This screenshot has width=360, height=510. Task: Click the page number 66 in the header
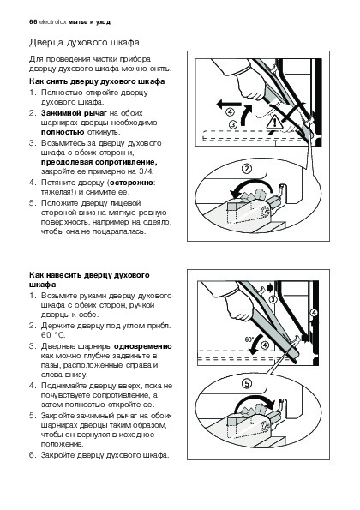pos(33,22)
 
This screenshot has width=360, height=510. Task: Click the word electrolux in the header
pos(52,22)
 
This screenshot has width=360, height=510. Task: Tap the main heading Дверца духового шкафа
pos(85,43)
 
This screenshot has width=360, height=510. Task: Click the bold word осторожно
pos(131,183)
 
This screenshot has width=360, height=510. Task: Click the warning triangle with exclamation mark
pos(274,123)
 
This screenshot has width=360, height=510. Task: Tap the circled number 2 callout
pos(247,169)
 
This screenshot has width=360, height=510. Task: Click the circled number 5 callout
pos(247,384)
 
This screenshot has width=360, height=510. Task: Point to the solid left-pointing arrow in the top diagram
pos(229,105)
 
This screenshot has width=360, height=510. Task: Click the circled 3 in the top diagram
pos(233,124)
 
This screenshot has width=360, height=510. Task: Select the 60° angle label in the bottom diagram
pos(249,339)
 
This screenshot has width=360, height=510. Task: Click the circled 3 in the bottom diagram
pos(273,299)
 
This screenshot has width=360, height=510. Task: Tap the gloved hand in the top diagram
pos(248,85)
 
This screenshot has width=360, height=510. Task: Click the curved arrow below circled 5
pos(254,401)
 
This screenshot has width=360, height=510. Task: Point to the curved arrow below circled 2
pos(250,185)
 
